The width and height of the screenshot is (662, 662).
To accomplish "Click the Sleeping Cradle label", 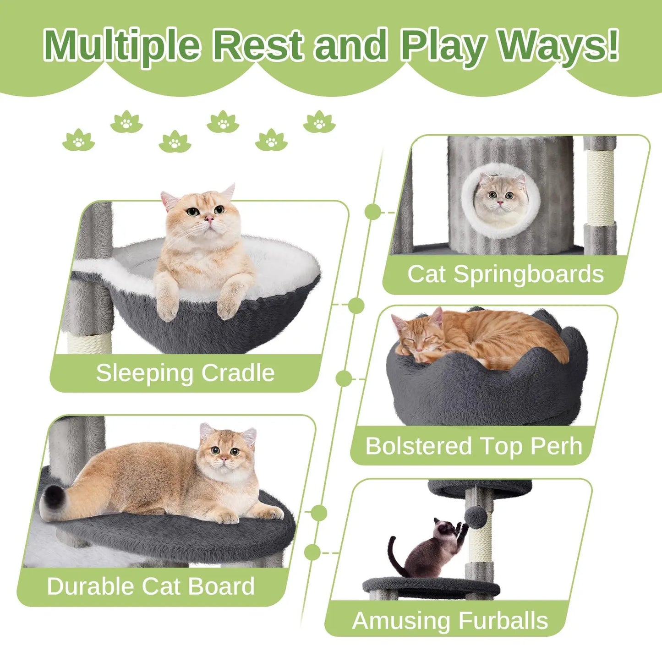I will click(185, 372).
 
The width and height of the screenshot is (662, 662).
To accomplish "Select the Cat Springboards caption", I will click(505, 274).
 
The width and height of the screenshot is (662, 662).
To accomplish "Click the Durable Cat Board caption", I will click(151, 586).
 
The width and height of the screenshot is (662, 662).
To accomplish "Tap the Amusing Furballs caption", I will click(450, 621).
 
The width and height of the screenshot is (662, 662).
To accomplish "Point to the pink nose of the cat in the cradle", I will click(209, 219).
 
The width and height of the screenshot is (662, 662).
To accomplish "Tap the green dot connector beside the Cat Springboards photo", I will click(373, 212).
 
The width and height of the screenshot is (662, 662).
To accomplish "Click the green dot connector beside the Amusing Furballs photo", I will click(312, 553).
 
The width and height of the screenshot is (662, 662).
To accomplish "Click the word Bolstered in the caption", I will click(418, 446).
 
